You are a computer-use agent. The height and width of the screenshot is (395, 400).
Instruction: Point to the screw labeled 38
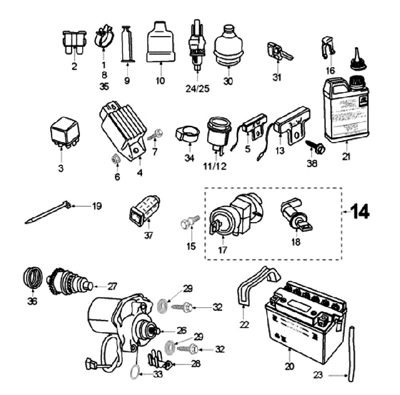313,147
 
